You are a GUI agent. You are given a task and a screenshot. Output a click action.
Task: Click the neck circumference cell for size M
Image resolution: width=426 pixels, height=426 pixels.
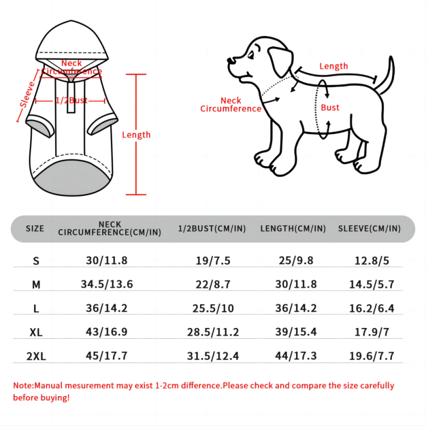(x=107, y=284)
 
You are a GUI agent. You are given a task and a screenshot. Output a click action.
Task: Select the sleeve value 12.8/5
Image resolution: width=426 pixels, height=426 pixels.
(x=372, y=260)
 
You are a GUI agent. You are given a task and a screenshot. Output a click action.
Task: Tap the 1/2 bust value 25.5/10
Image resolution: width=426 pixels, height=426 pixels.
(x=213, y=308)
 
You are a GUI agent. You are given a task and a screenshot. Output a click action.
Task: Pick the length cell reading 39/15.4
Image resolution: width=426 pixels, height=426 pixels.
(x=296, y=332)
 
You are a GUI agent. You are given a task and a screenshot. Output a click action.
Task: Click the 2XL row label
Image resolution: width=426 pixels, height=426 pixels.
(x=36, y=356)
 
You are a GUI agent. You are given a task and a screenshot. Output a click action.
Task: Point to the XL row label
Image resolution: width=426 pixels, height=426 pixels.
(x=36, y=332)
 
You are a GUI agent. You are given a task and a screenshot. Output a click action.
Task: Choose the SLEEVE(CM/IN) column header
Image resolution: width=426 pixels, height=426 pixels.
(x=369, y=228)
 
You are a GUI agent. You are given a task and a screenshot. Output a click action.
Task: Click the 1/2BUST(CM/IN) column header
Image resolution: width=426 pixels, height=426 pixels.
(x=212, y=228)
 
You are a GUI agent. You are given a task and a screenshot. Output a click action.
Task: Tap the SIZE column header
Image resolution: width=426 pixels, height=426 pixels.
(x=35, y=228)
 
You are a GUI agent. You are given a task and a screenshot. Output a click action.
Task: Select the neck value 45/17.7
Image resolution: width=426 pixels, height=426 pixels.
(x=106, y=356)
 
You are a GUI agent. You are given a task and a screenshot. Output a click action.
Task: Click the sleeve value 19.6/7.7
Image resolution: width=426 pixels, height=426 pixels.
(x=372, y=356)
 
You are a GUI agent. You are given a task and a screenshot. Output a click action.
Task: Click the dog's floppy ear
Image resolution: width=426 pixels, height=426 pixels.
(x=281, y=62)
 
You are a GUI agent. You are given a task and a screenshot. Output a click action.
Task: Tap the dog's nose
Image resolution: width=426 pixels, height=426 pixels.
(x=230, y=60)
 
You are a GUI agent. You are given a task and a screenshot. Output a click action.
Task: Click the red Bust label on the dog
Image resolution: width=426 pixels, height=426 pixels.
(x=330, y=108)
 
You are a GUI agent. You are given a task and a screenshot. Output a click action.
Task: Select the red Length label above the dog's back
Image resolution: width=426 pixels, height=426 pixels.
(x=334, y=66)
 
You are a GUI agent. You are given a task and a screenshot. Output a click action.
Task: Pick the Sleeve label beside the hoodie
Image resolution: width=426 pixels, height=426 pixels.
(x=28, y=94)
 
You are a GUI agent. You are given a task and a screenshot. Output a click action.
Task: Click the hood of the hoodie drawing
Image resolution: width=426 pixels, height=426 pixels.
(x=72, y=41)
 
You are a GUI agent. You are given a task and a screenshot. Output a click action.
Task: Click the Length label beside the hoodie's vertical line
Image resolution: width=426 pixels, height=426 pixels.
(x=136, y=135)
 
